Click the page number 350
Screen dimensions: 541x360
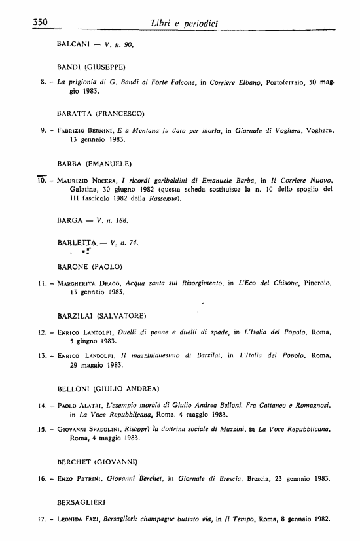click(x=41, y=22)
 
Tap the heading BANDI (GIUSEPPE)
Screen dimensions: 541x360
click(x=92, y=67)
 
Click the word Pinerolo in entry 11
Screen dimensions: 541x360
click(x=318, y=283)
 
